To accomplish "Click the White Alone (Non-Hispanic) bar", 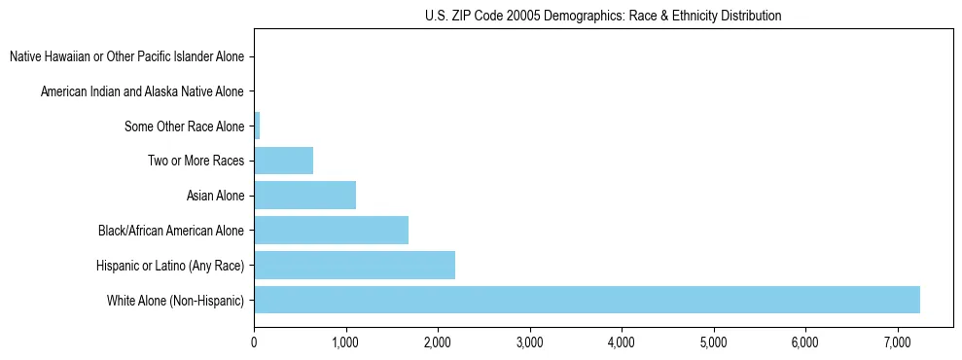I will (x=587, y=300).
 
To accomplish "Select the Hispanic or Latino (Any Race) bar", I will (x=354, y=265).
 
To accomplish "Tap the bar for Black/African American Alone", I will (x=331, y=231).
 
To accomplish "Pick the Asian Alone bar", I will (x=304, y=196).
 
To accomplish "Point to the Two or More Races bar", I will (x=283, y=161).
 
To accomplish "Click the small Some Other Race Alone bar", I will (x=257, y=126).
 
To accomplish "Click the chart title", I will (x=603, y=16).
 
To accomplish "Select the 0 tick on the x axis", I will (x=254, y=342).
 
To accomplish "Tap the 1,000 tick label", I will (x=345, y=342).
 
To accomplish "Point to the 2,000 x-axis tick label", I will (x=438, y=342).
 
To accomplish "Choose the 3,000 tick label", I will (x=529, y=342).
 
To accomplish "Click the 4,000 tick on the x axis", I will (x=622, y=342).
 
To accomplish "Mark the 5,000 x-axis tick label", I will (x=713, y=342).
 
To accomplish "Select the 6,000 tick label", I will (x=805, y=342).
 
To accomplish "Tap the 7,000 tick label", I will (x=897, y=342).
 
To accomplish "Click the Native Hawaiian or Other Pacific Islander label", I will (x=126, y=56).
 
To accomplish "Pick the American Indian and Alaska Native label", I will (x=142, y=91).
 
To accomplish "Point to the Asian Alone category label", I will (x=215, y=196).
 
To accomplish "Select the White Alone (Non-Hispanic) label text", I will (x=175, y=300).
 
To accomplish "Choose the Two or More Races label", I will (x=196, y=161).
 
